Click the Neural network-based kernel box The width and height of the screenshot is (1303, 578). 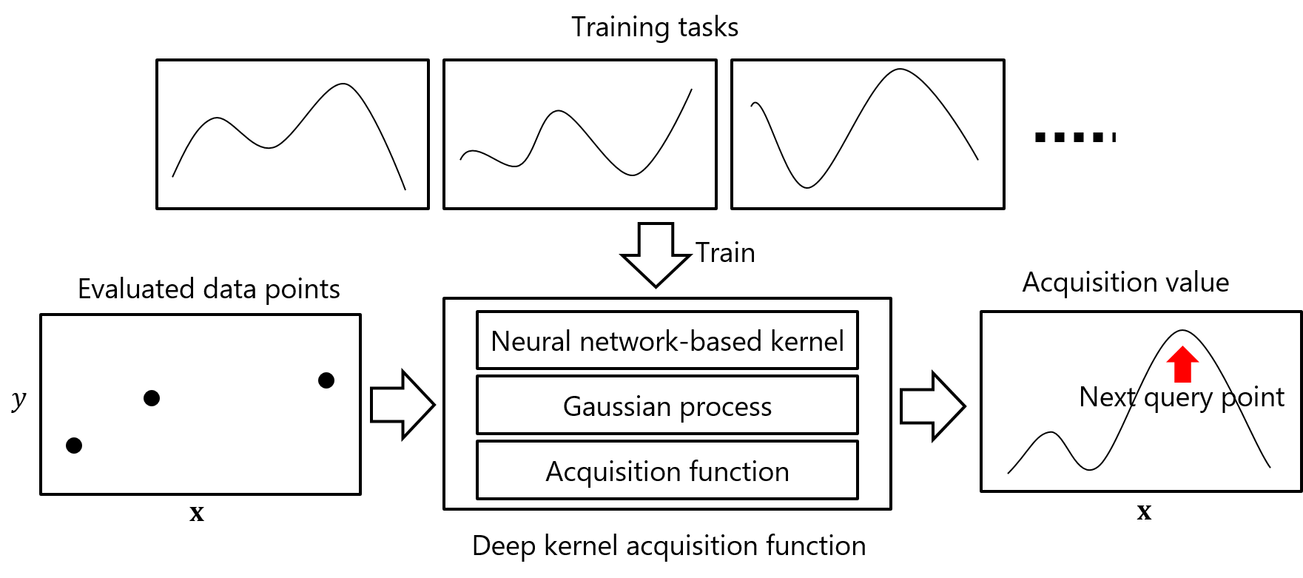tap(667, 340)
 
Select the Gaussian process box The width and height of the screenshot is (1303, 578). tap(667, 406)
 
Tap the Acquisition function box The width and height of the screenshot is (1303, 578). tap(667, 471)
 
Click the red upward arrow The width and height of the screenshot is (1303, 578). tap(1182, 363)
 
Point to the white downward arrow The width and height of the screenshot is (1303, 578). tap(656, 255)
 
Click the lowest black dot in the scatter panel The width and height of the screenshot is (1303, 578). tap(74, 446)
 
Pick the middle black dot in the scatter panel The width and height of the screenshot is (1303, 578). tap(152, 398)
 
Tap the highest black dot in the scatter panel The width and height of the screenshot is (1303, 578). tap(326, 380)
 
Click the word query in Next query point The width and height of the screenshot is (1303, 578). tap(1178, 398)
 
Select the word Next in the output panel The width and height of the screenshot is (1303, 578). tap(1107, 397)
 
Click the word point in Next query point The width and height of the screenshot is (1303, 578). tap(1252, 398)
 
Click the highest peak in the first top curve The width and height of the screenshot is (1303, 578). tap(343, 84)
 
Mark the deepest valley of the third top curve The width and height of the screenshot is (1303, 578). tap(807, 187)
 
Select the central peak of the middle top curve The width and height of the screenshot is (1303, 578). tap(559, 111)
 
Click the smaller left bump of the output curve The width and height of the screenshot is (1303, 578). tap(1051, 432)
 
